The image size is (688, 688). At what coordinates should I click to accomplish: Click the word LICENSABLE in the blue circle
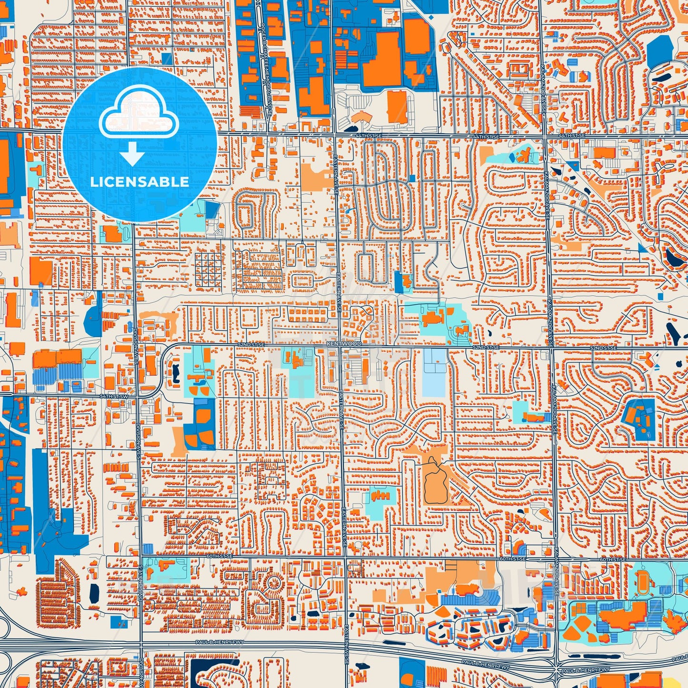(x=140, y=182)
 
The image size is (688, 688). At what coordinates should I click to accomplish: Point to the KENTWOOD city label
(x=344, y=343)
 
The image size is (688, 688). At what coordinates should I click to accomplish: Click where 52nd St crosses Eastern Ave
(x=339, y=346)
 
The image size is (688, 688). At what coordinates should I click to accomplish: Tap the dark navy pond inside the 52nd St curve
(x=174, y=369)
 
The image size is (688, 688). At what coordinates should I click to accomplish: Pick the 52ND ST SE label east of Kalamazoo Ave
(x=603, y=348)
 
